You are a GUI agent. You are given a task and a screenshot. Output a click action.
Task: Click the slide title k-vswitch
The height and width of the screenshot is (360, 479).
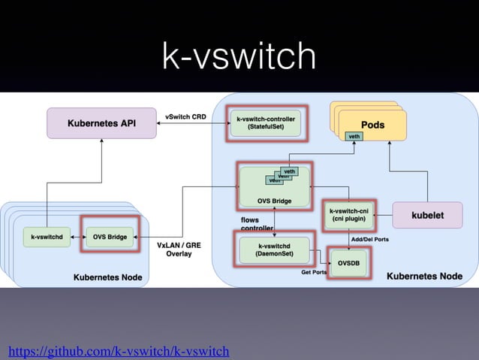point(239,57)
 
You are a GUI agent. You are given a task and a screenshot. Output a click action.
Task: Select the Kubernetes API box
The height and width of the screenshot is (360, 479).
point(102,123)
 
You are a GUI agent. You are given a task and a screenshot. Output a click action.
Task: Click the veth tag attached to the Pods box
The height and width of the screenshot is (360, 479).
point(354,136)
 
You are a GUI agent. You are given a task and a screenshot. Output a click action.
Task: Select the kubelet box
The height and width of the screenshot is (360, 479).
point(426,215)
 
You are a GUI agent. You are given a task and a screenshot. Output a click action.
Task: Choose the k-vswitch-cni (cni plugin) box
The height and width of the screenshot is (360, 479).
point(348,215)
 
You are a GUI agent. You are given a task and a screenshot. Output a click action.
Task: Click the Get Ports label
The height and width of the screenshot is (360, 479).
point(313,272)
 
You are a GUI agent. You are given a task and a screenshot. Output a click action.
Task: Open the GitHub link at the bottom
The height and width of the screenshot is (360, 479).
point(118,351)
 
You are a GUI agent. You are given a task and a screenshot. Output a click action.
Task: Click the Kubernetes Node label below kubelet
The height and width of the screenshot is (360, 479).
point(423,277)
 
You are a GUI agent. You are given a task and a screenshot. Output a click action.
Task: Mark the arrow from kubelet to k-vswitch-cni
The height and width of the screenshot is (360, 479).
point(383,215)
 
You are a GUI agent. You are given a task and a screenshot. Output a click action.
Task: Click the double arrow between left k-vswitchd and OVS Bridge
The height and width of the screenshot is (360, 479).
point(77,237)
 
